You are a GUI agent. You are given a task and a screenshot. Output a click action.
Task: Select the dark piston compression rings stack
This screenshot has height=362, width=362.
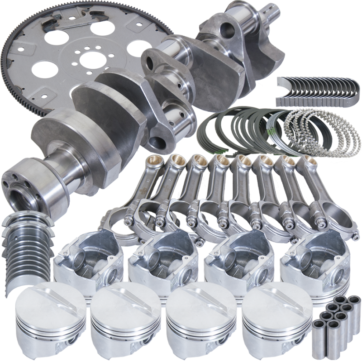[235, 131]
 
